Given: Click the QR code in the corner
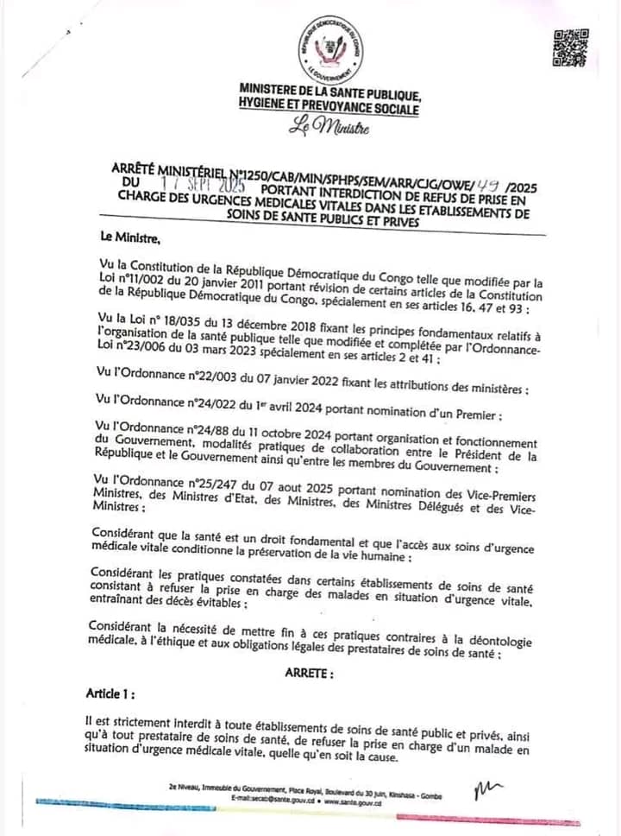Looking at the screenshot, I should tap(570, 47).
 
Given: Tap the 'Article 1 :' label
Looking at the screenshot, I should tap(110, 693).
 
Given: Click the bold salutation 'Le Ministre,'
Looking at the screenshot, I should tap(130, 236).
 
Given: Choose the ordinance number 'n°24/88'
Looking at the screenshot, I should tap(189, 431).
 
